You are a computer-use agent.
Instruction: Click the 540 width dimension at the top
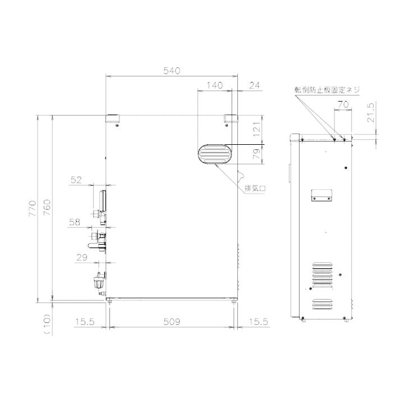click(x=172, y=71)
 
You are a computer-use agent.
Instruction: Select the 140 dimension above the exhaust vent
click(x=214, y=85)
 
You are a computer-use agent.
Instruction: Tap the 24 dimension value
click(x=255, y=85)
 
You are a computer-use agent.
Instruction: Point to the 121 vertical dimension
click(x=256, y=129)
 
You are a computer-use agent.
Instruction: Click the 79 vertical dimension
click(x=256, y=154)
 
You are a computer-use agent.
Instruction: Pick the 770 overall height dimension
click(x=33, y=208)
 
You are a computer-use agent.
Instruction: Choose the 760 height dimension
click(x=47, y=208)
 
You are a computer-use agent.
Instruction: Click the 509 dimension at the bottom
click(x=172, y=322)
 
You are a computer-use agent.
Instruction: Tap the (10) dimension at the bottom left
click(x=47, y=324)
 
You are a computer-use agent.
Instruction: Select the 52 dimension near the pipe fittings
click(x=76, y=180)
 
